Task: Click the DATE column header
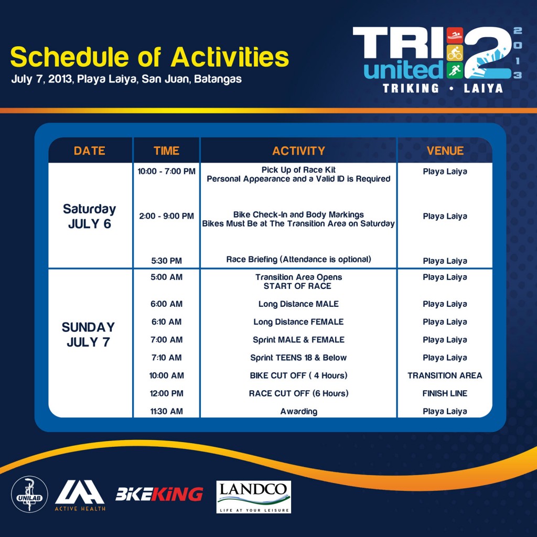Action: click(x=89, y=151)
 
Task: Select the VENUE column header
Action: click(x=445, y=151)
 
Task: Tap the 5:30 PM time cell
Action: click(x=166, y=261)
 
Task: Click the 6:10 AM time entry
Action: click(x=166, y=322)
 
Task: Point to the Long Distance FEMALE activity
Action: click(x=298, y=322)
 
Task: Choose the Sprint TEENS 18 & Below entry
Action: click(x=298, y=358)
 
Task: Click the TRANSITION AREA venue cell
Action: click(x=445, y=375)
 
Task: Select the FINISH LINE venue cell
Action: click(x=445, y=393)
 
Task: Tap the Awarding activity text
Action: click(x=298, y=411)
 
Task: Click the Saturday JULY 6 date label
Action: click(x=89, y=216)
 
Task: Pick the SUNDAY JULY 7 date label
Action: click(x=88, y=334)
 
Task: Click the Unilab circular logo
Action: click(x=29, y=494)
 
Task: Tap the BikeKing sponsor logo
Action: click(x=159, y=494)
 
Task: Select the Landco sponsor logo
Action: click(x=253, y=497)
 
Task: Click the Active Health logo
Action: click(x=80, y=495)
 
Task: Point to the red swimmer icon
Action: click(x=455, y=35)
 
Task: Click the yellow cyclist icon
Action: click(x=455, y=53)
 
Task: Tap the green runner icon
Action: click(x=455, y=70)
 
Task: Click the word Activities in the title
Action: click(x=230, y=57)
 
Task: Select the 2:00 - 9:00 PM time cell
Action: click(x=166, y=216)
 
